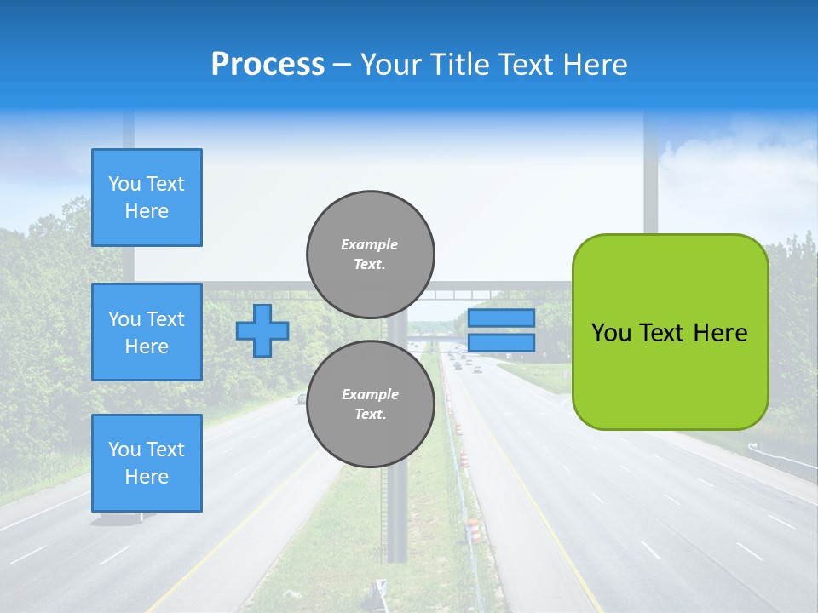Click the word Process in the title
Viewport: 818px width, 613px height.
[268, 65]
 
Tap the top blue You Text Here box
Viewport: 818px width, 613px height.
[147, 198]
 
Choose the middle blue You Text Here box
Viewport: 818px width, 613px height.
[147, 332]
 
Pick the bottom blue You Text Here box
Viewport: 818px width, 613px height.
[147, 463]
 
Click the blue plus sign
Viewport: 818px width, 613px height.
[262, 331]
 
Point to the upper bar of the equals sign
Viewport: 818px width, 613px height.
[501, 318]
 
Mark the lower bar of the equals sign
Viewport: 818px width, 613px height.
[501, 342]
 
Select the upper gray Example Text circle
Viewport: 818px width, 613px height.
[370, 255]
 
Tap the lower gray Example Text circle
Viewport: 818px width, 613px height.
[370, 404]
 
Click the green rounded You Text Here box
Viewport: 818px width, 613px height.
[670, 331]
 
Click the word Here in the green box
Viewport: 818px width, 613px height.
[720, 333]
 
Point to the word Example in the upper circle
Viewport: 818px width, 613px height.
[370, 245]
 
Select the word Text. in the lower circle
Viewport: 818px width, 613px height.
[370, 415]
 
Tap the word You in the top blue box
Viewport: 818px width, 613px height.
[124, 184]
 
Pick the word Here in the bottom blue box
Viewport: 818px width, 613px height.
[147, 477]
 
